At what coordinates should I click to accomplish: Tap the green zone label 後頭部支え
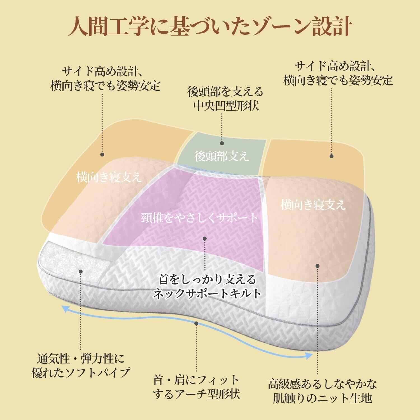tap(221, 156)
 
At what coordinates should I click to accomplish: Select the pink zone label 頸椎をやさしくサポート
tap(200, 218)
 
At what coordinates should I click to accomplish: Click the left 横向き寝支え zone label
tap(109, 177)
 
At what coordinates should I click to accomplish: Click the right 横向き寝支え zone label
tap(313, 205)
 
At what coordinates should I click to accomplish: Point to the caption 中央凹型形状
tap(226, 106)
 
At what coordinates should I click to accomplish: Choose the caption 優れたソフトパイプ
tap(81, 372)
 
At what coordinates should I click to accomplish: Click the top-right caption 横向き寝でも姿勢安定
tap(338, 81)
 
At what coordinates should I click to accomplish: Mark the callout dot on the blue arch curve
tap(196, 323)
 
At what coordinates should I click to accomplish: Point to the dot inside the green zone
tap(222, 143)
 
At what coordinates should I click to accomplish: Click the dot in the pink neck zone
tap(205, 239)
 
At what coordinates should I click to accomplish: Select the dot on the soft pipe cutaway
tap(81, 271)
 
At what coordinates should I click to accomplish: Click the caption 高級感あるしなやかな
tap(322, 384)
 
